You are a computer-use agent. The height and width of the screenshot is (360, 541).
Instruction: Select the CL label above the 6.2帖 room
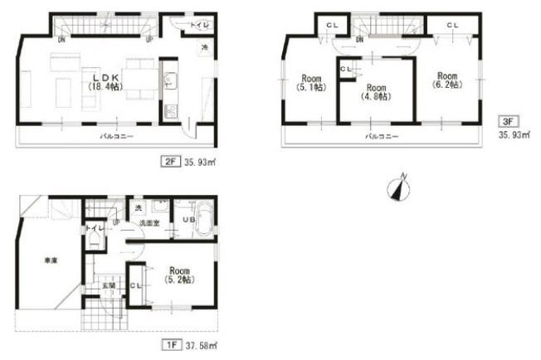pos(452,27)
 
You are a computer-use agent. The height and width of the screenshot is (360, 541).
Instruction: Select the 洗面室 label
pos(149,224)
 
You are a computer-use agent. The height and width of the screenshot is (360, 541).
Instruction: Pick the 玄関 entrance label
pos(108,285)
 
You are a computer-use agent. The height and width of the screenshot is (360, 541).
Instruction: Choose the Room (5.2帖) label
pos(180,275)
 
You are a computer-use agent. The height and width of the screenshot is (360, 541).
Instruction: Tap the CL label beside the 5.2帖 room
pos(136,285)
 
